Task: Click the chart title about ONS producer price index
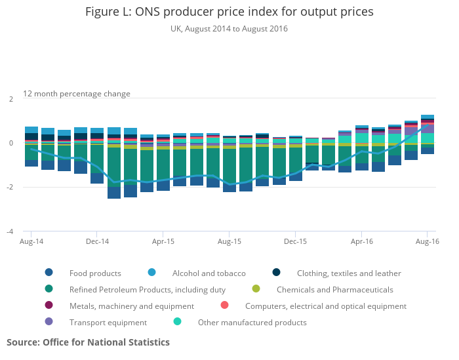(x=229, y=12)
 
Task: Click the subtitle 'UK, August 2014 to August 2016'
(x=229, y=29)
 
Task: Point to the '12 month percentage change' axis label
(x=77, y=94)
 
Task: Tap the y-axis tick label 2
(x=10, y=99)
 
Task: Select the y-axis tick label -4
(x=9, y=231)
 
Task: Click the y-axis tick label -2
(x=9, y=188)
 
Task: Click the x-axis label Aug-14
(x=31, y=242)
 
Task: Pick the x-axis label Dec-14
(x=97, y=242)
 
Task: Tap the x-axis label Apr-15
(x=163, y=242)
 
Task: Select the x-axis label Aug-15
(x=229, y=242)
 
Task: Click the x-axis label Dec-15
(x=295, y=242)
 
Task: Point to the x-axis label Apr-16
(x=361, y=242)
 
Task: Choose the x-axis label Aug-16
(x=428, y=242)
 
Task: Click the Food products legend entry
(x=95, y=273)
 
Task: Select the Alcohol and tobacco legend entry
(x=209, y=273)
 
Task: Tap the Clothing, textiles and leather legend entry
(x=348, y=273)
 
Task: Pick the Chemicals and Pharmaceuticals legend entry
(x=334, y=289)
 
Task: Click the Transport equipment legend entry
(x=108, y=322)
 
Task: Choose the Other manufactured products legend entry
(x=252, y=322)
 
